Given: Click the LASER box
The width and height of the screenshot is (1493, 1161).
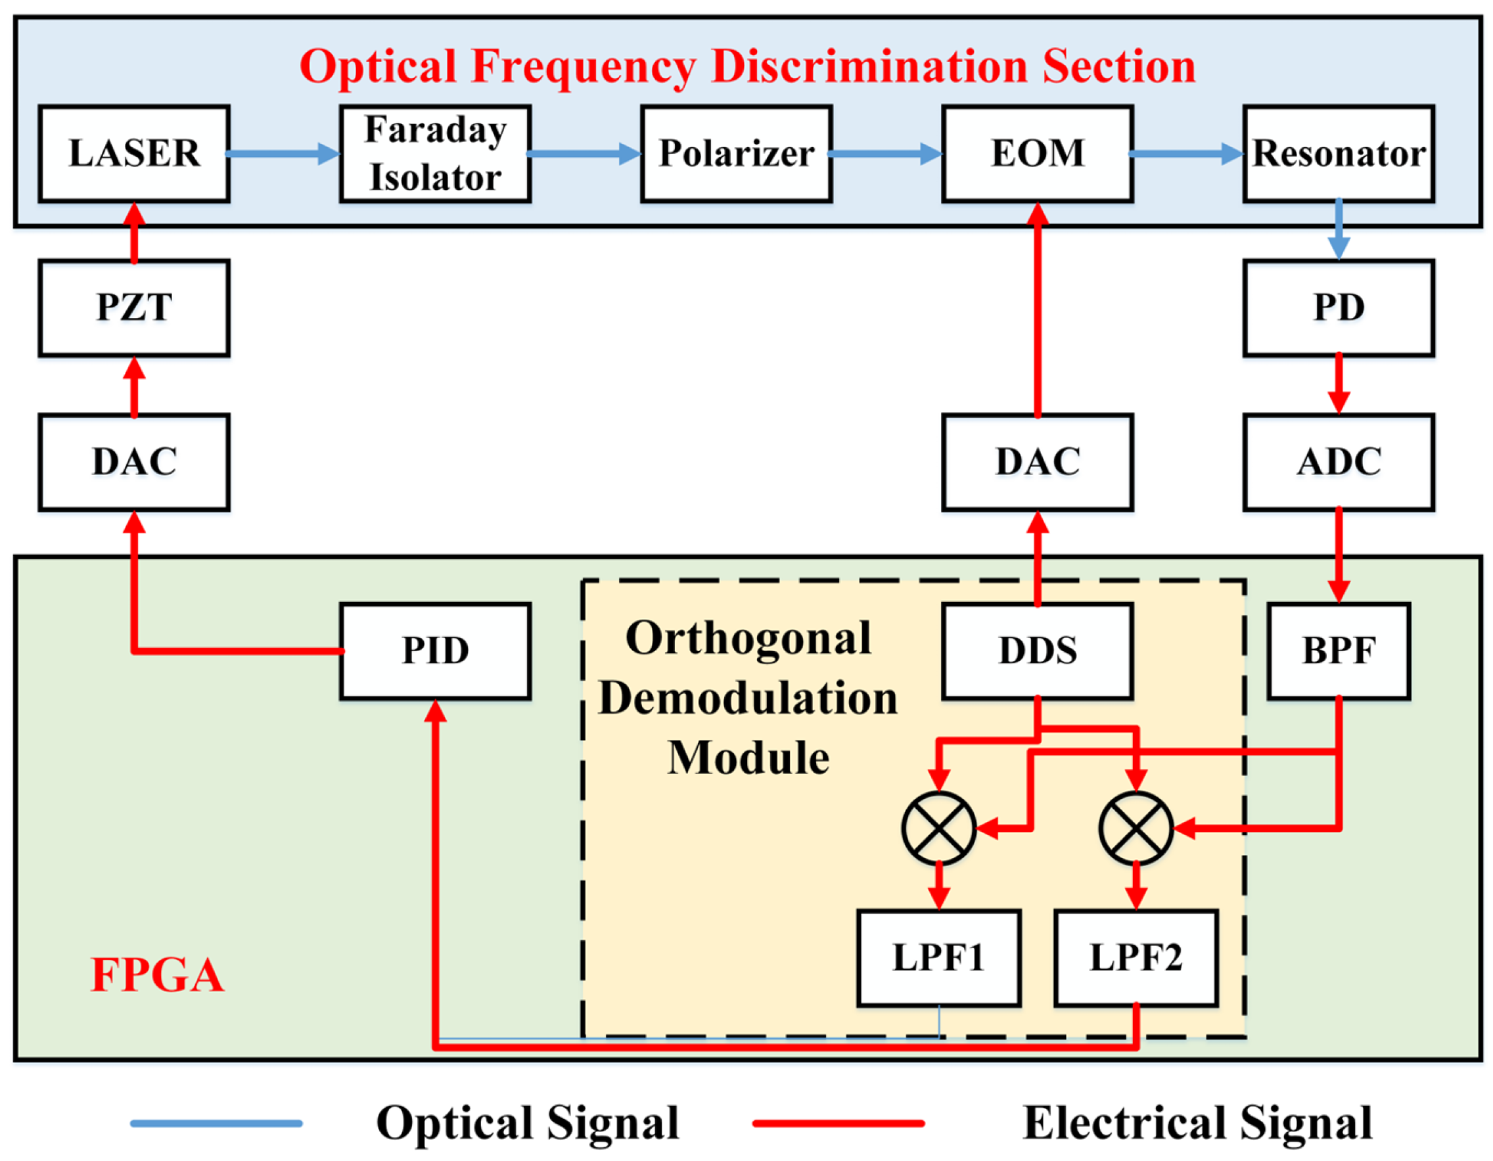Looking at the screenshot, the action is (x=134, y=154).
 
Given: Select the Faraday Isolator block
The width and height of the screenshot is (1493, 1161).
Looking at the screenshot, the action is (x=436, y=154).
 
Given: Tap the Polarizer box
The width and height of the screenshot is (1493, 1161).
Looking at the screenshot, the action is (x=736, y=154).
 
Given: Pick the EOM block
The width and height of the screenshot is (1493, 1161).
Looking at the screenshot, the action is (x=1038, y=154).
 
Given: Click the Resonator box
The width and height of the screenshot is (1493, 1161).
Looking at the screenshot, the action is (x=1339, y=154).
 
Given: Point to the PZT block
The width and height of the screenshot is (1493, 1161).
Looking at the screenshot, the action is (x=134, y=307).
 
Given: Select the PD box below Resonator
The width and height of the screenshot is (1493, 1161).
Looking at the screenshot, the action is (x=1339, y=307).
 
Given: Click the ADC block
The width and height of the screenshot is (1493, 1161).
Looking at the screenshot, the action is (x=1339, y=462).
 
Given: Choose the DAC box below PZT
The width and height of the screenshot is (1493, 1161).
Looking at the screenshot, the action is (x=134, y=462).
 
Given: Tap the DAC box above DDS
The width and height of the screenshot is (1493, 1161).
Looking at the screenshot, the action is (x=1038, y=462).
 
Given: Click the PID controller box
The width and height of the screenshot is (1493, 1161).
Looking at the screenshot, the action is (x=436, y=651).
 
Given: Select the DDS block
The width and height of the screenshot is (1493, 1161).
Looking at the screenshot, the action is (x=1038, y=651).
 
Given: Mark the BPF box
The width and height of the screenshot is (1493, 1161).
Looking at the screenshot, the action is (x=1339, y=651).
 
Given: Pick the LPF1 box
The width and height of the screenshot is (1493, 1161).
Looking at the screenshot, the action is (x=938, y=958).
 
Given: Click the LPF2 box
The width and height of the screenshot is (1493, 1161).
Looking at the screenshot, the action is (x=1136, y=958).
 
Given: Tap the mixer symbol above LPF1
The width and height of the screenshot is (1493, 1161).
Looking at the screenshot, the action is (x=938, y=829).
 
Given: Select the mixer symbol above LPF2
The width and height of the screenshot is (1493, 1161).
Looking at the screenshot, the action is (x=1136, y=829).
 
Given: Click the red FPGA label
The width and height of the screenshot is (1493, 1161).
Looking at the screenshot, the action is (x=157, y=975).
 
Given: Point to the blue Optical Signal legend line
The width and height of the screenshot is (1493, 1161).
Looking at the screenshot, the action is (x=216, y=1124).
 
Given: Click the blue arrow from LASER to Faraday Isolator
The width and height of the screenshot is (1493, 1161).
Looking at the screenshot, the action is (x=283, y=154).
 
